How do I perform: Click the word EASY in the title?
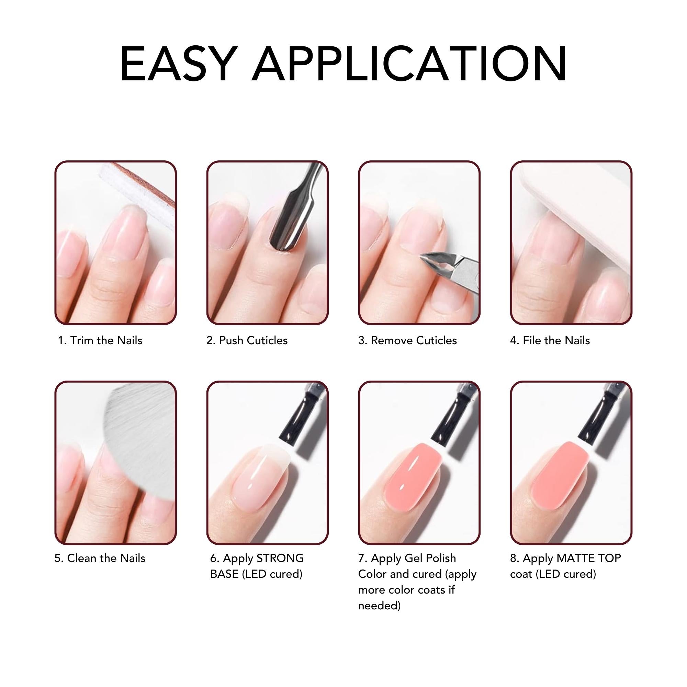click(179, 64)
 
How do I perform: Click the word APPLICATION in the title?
click(409, 64)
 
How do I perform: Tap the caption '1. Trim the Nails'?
click(100, 341)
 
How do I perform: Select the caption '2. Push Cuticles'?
click(247, 341)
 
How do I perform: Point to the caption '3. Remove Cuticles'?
click(407, 341)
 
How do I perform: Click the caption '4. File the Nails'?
click(550, 341)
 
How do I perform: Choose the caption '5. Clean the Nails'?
click(100, 558)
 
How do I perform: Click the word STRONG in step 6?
click(280, 558)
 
